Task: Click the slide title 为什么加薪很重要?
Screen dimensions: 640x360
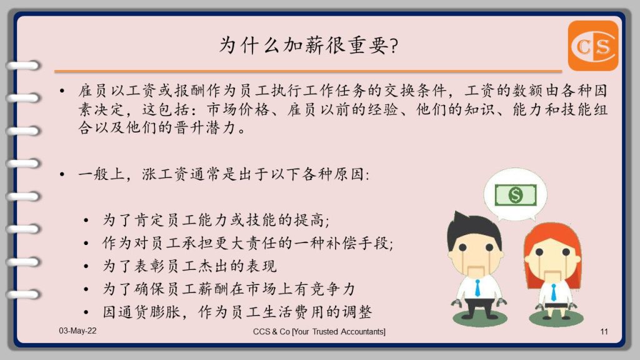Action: coord(309,45)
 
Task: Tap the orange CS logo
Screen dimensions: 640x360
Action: coord(593,46)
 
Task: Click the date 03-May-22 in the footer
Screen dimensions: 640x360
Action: coord(77,331)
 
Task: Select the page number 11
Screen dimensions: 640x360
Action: coord(604,331)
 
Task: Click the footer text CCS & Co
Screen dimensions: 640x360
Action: coord(271,331)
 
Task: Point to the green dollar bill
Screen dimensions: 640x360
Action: coord(516,195)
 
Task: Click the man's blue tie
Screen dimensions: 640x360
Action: coord(477,287)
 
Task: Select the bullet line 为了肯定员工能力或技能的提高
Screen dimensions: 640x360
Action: coord(216,221)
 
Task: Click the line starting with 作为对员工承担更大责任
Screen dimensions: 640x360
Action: coord(247,243)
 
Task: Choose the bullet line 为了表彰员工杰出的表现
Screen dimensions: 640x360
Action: coord(189,266)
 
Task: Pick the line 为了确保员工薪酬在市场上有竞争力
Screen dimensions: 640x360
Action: coord(229,289)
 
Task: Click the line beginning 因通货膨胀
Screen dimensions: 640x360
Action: coord(237,312)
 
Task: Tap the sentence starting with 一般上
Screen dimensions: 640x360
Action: coord(224,175)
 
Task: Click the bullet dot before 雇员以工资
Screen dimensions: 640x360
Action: coord(62,91)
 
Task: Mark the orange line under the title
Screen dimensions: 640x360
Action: coord(308,71)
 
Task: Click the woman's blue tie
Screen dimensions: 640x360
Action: coord(554,292)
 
